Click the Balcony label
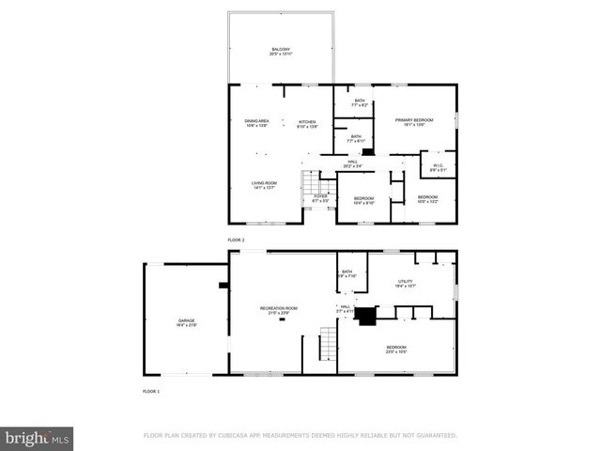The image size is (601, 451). pyautogui.click(x=280, y=52)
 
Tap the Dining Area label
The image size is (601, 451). pyautogui.click(x=257, y=123)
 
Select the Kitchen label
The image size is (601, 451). pyautogui.click(x=307, y=123)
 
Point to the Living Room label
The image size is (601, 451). pyautogui.click(x=263, y=185)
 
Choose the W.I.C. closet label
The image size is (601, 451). pyautogui.click(x=438, y=168)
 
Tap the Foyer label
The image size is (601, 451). pyautogui.click(x=320, y=198)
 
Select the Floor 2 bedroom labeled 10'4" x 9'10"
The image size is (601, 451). pyautogui.click(x=363, y=200)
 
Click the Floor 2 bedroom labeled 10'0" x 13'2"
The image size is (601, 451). pyautogui.click(x=427, y=199)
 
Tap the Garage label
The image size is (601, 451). pyautogui.click(x=187, y=322)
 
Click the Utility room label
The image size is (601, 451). pyautogui.click(x=406, y=283)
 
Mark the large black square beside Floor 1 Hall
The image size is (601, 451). pyautogui.click(x=364, y=316)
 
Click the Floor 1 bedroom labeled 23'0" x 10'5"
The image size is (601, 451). pyautogui.click(x=395, y=350)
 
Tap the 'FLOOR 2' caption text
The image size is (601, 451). pyautogui.click(x=236, y=241)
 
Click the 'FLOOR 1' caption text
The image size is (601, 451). pyautogui.click(x=151, y=390)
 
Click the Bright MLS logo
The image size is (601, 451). pyautogui.click(x=38, y=438)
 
